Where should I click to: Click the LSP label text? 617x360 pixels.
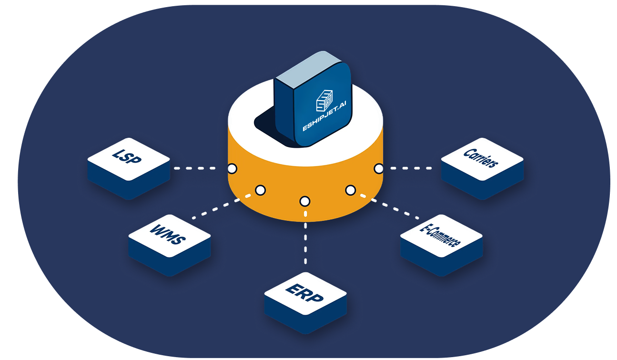click(x=127, y=156)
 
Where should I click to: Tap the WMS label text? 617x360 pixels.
click(x=168, y=234)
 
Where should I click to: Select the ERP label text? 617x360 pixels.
click(x=304, y=293)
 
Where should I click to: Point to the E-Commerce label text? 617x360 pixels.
click(x=440, y=236)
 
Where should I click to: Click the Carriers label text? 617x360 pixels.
click(x=481, y=158)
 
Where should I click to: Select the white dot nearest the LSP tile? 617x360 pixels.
click(x=232, y=168)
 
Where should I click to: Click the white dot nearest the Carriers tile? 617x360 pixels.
click(x=379, y=168)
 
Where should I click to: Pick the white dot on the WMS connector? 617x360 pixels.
click(x=260, y=190)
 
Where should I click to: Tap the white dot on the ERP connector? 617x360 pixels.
click(x=305, y=201)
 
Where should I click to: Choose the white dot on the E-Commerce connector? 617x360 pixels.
click(x=350, y=190)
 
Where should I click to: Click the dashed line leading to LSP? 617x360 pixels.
click(x=195, y=168)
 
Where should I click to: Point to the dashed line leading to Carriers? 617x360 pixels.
click(x=411, y=168)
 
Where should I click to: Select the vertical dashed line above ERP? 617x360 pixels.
click(x=305, y=237)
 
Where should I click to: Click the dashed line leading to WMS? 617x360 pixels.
click(x=222, y=207)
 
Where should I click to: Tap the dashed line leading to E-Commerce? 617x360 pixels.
click(x=390, y=207)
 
